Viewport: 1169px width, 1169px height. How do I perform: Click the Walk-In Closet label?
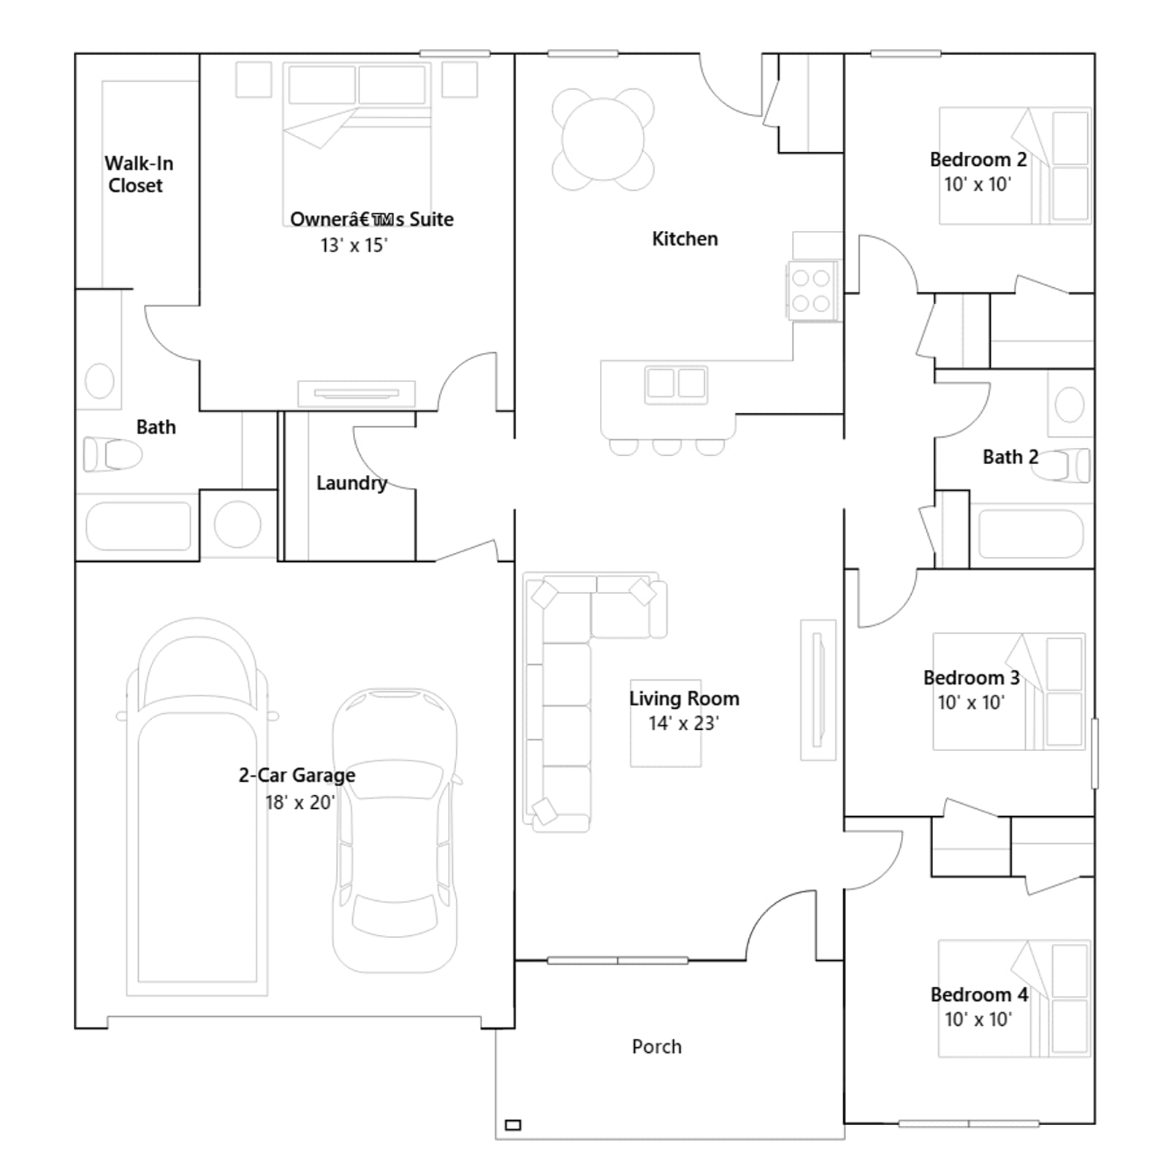(x=139, y=174)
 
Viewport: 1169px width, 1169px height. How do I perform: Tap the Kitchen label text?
(x=685, y=239)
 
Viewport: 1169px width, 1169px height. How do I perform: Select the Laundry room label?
(x=351, y=483)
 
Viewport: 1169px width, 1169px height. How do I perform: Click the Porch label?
(x=657, y=1046)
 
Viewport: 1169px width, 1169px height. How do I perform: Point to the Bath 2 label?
(x=1010, y=457)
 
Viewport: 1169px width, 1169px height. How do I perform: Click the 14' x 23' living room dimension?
(x=684, y=723)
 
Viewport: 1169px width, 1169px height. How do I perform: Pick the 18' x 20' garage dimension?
(x=300, y=802)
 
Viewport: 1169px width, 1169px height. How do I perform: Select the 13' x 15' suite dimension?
(x=354, y=245)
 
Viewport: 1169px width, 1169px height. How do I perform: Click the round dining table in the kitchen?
(x=603, y=139)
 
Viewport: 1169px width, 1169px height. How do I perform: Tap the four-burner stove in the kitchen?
(x=811, y=290)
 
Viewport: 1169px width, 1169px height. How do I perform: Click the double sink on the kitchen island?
(x=676, y=384)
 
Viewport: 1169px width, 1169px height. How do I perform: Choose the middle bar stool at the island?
(x=666, y=446)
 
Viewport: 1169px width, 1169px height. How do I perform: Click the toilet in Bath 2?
(x=1061, y=465)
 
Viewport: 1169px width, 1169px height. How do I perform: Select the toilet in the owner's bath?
(x=113, y=454)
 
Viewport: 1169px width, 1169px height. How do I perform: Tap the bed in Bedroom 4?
(x=1015, y=998)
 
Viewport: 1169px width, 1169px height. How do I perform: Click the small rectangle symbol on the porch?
(x=513, y=1125)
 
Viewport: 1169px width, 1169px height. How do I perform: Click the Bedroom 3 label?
(x=971, y=678)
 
